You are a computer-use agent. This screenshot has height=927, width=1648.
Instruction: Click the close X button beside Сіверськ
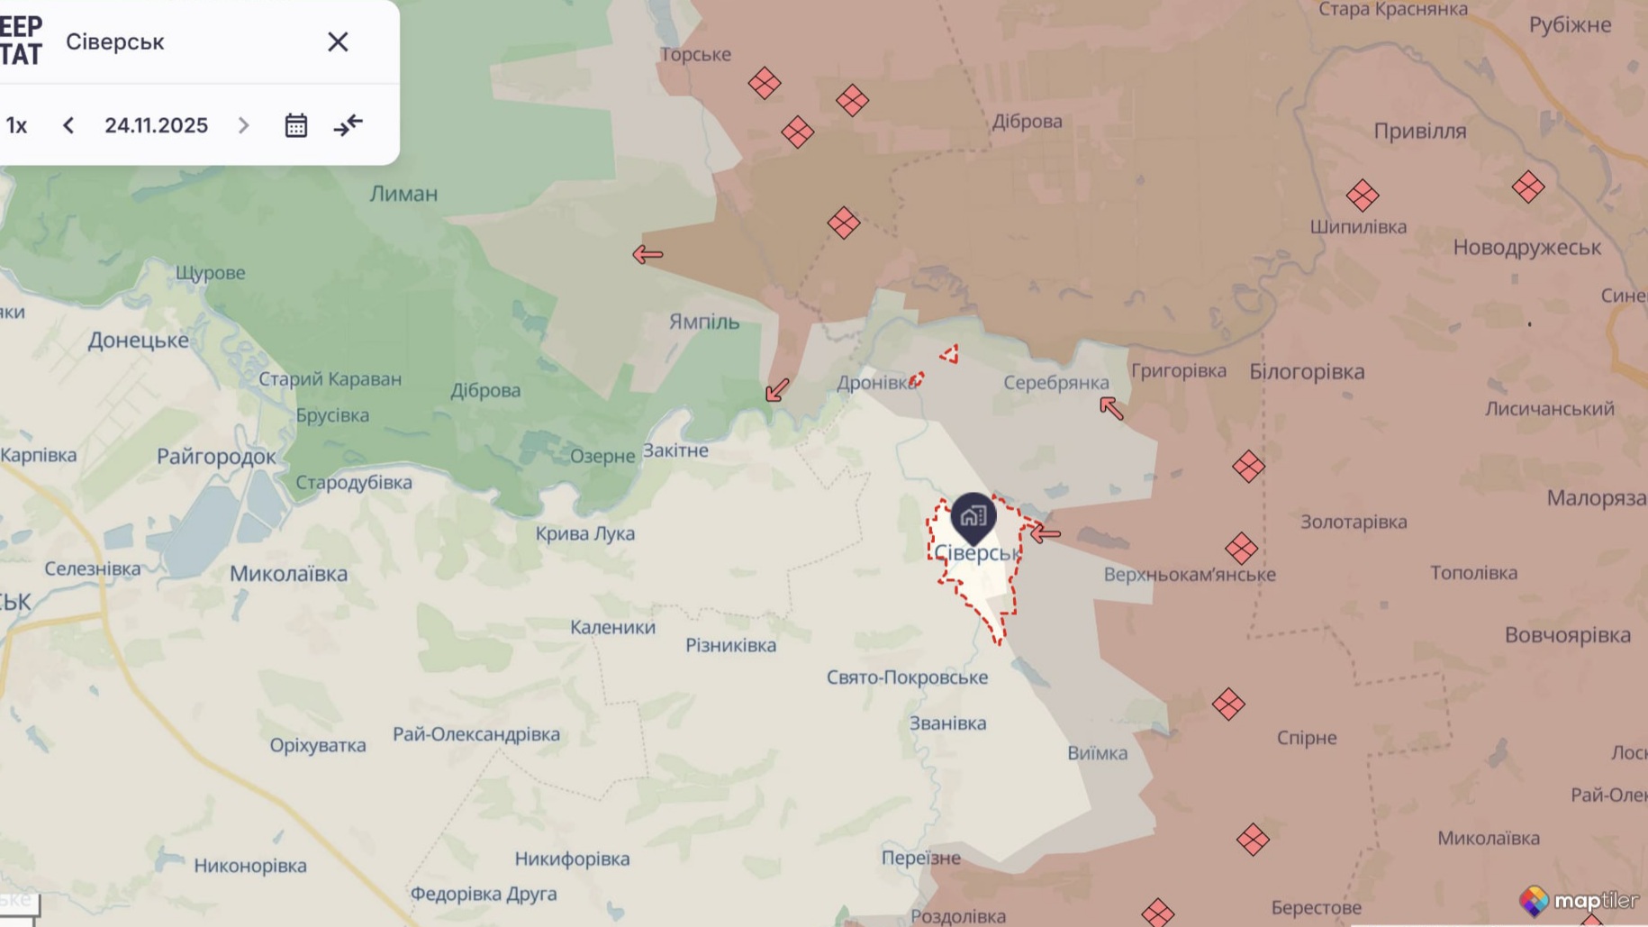pyautogui.click(x=338, y=42)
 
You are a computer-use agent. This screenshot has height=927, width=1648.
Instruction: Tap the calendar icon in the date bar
pyautogui.click(x=295, y=125)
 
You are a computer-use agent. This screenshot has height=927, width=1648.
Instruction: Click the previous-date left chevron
pyautogui.click(x=68, y=125)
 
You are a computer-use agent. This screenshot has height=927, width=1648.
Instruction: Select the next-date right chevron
pyautogui.click(x=243, y=125)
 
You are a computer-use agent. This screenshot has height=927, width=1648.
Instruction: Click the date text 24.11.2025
pyautogui.click(x=156, y=125)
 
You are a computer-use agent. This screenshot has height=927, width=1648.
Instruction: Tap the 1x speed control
pyautogui.click(x=16, y=125)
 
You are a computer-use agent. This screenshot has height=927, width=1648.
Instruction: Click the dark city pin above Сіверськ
pyautogui.click(x=973, y=516)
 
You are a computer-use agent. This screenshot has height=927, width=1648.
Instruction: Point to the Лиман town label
pyautogui.click(x=403, y=194)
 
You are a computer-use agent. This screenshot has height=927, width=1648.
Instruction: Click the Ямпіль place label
pyautogui.click(x=703, y=322)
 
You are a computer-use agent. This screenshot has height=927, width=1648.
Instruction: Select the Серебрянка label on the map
pyautogui.click(x=1055, y=383)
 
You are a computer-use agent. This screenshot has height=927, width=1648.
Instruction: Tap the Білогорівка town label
pyautogui.click(x=1306, y=371)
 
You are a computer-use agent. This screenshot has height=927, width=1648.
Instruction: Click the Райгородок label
pyautogui.click(x=216, y=457)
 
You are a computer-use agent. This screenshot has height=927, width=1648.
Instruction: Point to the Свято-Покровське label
pyautogui.click(x=907, y=677)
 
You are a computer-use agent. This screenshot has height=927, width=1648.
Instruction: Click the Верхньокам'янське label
pyautogui.click(x=1189, y=575)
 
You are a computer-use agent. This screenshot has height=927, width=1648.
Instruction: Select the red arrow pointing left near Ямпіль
pyautogui.click(x=647, y=255)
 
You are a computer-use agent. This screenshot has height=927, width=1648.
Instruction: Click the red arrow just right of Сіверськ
pyautogui.click(x=1045, y=533)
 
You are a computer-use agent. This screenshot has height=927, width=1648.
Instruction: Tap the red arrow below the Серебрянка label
pyautogui.click(x=1111, y=409)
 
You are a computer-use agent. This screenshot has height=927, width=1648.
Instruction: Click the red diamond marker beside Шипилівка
pyautogui.click(x=1362, y=195)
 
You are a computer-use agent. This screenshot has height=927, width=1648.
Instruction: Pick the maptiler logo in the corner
pyautogui.click(x=1579, y=900)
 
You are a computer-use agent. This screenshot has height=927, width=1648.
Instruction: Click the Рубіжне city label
pyautogui.click(x=1570, y=25)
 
